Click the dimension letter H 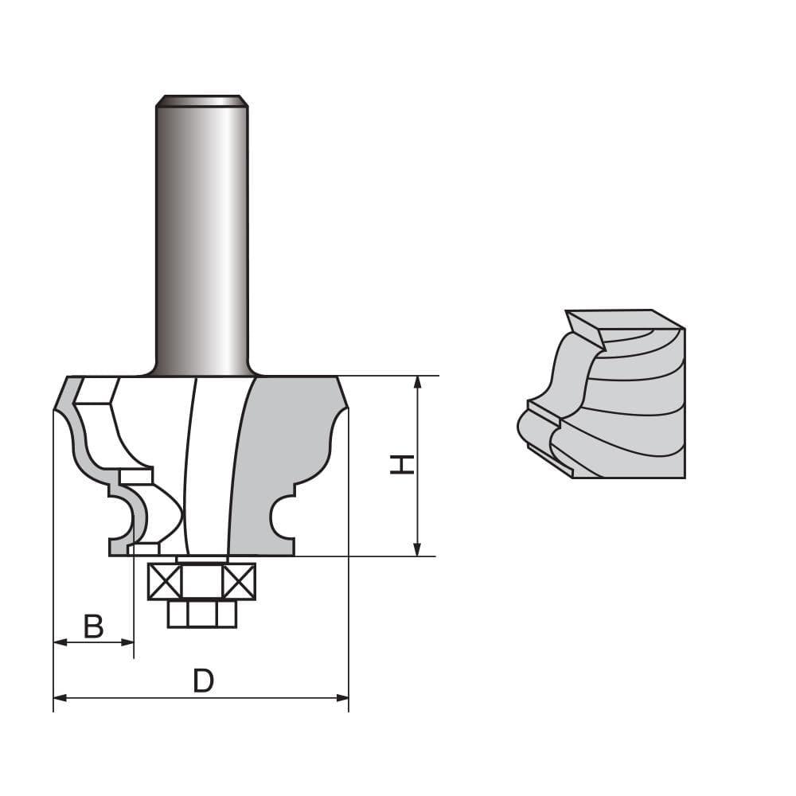tap(403, 465)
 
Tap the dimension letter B tap(94, 626)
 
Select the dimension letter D tap(204, 681)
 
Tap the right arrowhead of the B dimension tap(127, 642)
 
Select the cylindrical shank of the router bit tap(202, 239)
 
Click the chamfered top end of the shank tap(202, 100)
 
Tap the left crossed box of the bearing tap(165, 582)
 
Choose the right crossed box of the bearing tap(240, 582)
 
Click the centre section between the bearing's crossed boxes tap(202, 582)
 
